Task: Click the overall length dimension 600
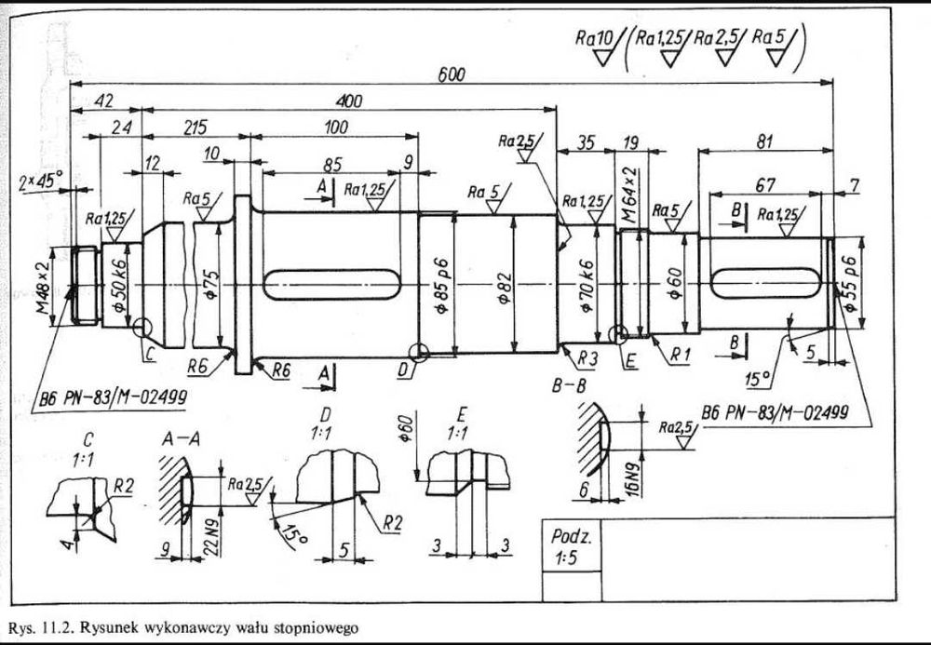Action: (x=452, y=75)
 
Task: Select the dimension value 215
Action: (x=196, y=128)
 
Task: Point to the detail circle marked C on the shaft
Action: (x=143, y=328)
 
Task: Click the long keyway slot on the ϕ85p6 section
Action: (x=331, y=284)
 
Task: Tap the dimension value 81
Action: (x=765, y=141)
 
